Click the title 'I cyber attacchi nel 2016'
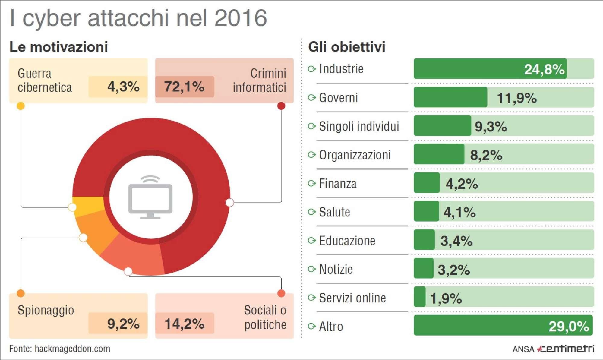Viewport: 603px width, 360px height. [138, 18]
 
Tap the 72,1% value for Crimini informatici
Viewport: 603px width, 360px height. [184, 87]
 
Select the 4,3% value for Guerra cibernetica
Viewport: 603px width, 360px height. [123, 87]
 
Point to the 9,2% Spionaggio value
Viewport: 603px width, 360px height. [123, 324]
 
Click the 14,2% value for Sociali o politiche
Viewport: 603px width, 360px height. [184, 324]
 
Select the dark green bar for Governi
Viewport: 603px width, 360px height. [450, 97]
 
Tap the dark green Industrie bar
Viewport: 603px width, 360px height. [490, 69]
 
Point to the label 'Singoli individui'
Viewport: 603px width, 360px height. [359, 126]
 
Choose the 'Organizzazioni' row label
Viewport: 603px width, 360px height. [355, 155]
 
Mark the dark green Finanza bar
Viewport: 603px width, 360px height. [427, 183]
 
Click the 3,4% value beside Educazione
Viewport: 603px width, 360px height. [456, 241]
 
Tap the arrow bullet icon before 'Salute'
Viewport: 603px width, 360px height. [311, 212]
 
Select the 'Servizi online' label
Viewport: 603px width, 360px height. [352, 298]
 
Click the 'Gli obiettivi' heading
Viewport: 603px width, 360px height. [346, 47]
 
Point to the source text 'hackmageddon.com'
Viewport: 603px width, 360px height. [72, 349]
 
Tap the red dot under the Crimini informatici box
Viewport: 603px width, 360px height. [281, 106]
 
